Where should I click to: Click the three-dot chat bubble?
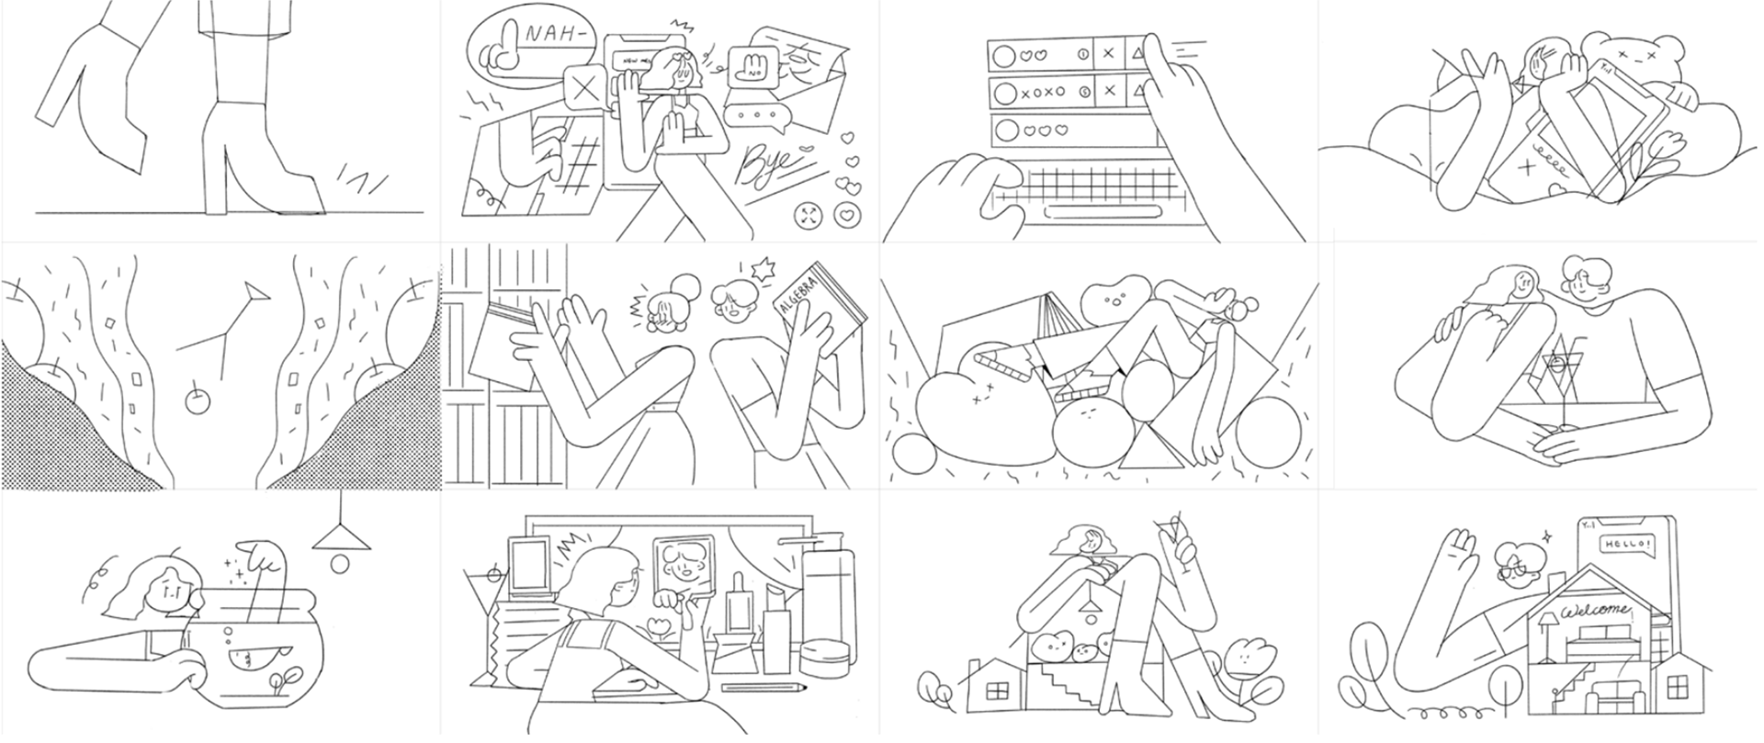click(x=756, y=116)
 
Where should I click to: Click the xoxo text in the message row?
click(x=1042, y=92)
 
